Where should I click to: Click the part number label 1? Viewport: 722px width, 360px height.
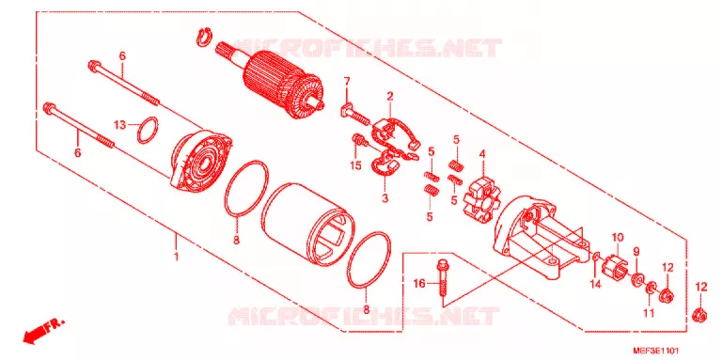click(x=176, y=257)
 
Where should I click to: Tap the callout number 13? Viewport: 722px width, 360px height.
click(x=119, y=125)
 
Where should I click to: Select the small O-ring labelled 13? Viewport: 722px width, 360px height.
click(x=148, y=130)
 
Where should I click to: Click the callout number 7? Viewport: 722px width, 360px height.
click(x=347, y=83)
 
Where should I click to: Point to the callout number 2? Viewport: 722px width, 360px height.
click(x=389, y=97)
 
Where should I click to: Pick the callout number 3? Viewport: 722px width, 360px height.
click(x=385, y=199)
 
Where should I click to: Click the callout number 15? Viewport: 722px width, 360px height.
click(x=355, y=165)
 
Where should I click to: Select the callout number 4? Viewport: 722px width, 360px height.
click(x=482, y=154)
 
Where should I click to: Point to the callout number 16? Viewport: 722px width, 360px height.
click(x=419, y=284)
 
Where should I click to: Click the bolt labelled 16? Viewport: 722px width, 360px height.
click(x=443, y=281)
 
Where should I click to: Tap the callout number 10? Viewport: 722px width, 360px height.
click(x=618, y=238)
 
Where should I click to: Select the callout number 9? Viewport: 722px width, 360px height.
click(x=636, y=252)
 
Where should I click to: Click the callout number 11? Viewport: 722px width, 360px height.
click(x=649, y=314)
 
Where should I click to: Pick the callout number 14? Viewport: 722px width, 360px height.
click(x=596, y=285)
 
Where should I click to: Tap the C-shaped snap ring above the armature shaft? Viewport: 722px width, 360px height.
click(x=203, y=38)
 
